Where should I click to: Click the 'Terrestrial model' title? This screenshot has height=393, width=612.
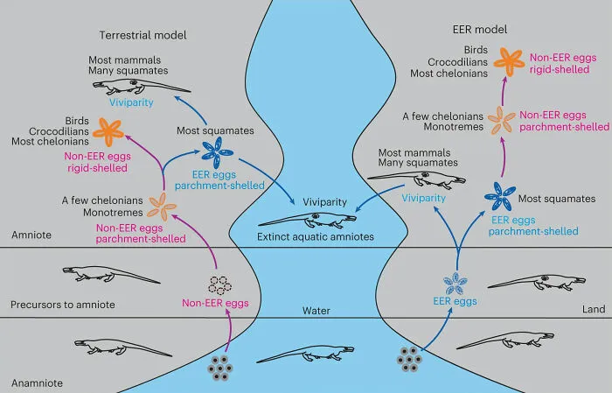[x=143, y=35]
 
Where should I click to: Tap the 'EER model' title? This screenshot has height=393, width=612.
[x=480, y=30]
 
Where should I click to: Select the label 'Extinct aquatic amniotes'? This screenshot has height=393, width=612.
[x=316, y=236]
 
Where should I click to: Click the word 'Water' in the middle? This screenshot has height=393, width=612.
[x=316, y=311]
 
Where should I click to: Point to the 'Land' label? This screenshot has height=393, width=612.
[x=594, y=309]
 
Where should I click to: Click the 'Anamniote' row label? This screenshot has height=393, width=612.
[x=37, y=382]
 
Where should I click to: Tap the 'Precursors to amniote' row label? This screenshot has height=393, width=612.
[x=63, y=305]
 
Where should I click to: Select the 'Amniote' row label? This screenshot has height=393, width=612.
[x=31, y=235]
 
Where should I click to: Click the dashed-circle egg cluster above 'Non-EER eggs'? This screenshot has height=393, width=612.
[x=219, y=285]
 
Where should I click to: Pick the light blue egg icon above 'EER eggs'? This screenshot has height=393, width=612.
[x=456, y=284]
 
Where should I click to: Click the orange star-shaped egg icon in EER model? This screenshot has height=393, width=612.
[x=509, y=61]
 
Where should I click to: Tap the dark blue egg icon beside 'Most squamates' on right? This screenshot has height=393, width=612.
[x=500, y=196]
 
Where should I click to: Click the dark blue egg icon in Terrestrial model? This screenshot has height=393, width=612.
[x=217, y=153]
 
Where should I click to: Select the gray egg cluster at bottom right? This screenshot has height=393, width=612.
[x=409, y=359]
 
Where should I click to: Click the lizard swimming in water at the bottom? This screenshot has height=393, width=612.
[x=306, y=354]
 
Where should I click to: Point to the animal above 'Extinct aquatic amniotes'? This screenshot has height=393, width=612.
[x=307, y=221]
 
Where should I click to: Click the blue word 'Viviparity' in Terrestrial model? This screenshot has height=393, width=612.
[x=131, y=102]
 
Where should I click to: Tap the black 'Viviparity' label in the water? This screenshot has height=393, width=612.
[x=324, y=202]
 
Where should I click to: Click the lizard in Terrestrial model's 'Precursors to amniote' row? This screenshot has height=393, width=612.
[x=111, y=274]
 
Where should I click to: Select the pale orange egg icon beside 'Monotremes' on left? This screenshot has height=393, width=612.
[x=162, y=207]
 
